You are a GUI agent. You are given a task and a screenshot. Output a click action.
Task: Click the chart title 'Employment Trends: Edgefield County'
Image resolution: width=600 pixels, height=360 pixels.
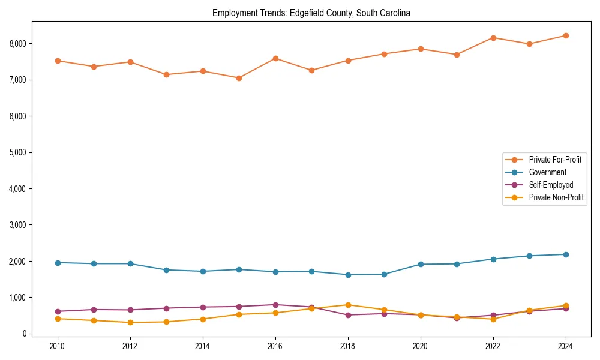point(311,13)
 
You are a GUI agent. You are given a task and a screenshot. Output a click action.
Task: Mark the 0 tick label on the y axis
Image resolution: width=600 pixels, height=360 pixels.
point(25,334)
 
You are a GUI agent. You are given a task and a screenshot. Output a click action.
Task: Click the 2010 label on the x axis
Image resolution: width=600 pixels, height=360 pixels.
point(58,346)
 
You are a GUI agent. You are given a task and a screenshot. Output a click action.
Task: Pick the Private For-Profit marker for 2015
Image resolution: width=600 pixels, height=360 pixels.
point(239,78)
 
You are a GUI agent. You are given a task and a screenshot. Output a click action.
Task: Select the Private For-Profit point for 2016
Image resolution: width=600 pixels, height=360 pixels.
point(275,58)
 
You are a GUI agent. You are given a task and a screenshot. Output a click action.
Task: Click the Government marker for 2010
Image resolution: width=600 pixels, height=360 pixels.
point(58,263)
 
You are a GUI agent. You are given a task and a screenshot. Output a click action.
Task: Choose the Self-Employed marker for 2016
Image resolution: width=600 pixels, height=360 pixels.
point(275,305)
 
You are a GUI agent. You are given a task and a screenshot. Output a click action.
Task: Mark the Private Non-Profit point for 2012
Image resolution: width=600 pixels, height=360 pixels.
point(130,322)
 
